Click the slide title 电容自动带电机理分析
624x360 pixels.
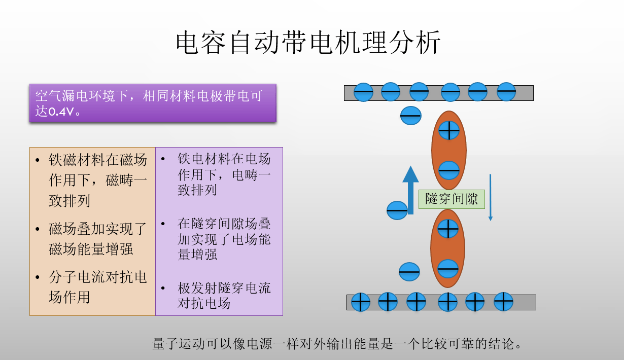tap(308, 43)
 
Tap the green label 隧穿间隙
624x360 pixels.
tap(452, 199)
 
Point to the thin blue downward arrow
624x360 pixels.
tap(491, 198)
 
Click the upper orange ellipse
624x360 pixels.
tap(449, 150)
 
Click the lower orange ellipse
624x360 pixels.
tap(448, 248)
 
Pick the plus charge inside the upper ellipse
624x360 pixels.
tap(448, 130)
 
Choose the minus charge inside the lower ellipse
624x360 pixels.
tap(448, 269)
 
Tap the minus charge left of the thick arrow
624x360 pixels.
tap(397, 210)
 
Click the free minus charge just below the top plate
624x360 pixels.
tap(411, 116)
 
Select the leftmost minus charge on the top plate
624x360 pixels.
tap(363, 92)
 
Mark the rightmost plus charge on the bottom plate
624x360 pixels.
tap(503, 302)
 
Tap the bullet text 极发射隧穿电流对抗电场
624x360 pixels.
tap(224, 296)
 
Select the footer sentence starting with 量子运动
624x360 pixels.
tap(337, 344)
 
